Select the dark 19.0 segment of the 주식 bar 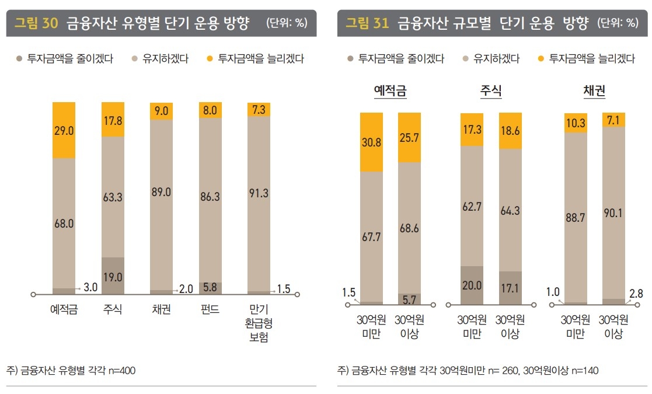[113, 277]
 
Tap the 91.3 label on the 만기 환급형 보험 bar [259, 194]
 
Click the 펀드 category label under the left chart [210, 309]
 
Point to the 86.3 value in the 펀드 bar [210, 197]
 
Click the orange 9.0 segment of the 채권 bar [161, 111]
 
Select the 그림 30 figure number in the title [36, 23]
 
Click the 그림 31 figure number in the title [367, 23]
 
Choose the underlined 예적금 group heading [390, 91]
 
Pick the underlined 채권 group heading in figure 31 [594, 91]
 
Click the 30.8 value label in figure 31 [372, 142]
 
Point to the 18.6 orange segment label [510, 131]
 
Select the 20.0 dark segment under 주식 [472, 285]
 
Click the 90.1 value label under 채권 [613, 212]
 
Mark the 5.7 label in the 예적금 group [409, 299]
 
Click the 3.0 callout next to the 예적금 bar [90, 287]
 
